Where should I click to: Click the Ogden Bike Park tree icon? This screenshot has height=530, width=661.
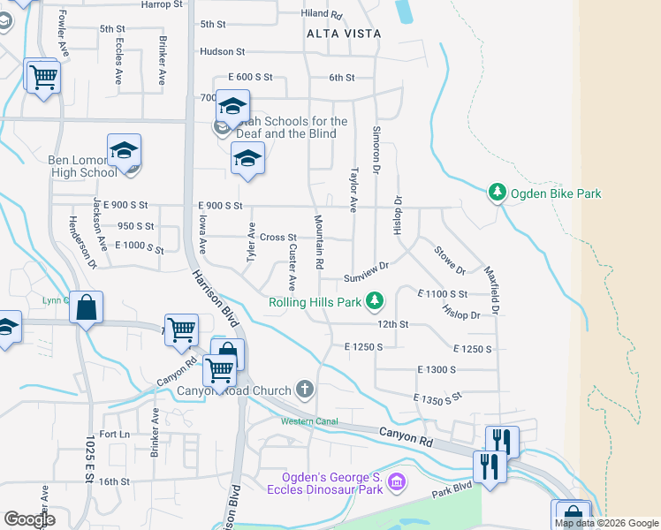tap(498, 193)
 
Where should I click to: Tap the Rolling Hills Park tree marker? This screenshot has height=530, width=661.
tap(376, 302)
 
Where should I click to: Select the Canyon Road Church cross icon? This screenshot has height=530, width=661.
tap(305, 390)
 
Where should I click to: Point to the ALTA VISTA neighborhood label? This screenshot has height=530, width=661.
tap(344, 34)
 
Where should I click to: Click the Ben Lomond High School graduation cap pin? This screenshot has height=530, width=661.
tap(125, 151)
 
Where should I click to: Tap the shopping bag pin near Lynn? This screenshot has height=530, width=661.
tap(86, 309)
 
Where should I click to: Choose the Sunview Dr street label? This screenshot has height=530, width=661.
tap(367, 271)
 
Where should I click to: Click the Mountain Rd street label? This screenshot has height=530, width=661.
tap(317, 241)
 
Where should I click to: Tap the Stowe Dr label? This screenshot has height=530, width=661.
tap(449, 259)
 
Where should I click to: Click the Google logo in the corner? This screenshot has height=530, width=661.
tap(29, 519)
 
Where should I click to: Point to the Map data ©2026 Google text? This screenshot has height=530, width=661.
tap(606, 523)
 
